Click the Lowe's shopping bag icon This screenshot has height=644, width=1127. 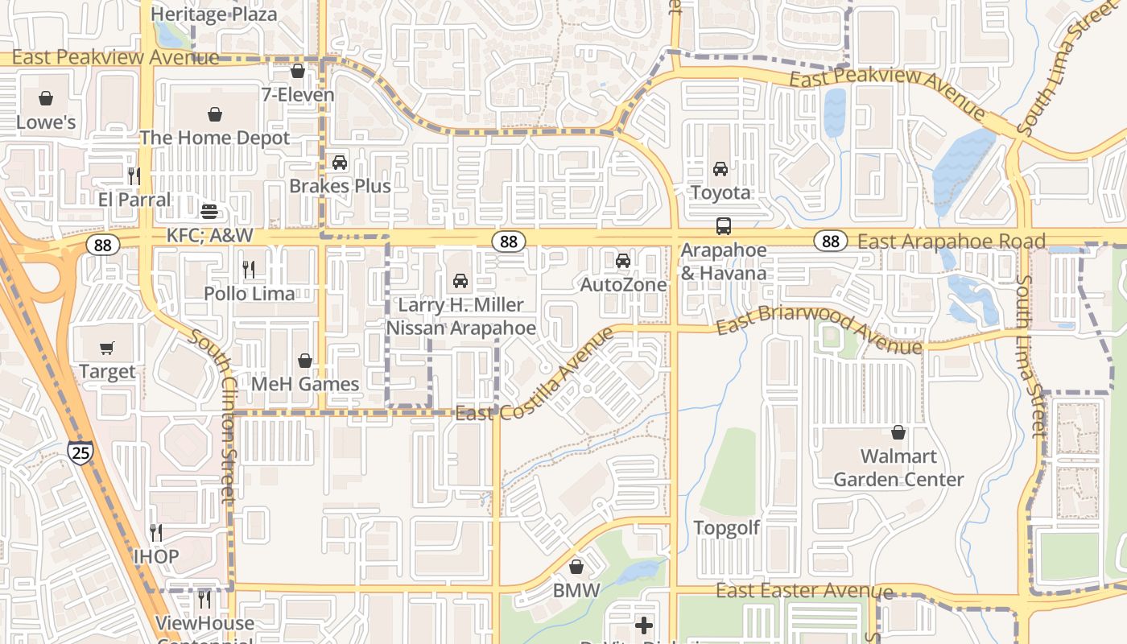point(46,98)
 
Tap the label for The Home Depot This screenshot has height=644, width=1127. point(214,138)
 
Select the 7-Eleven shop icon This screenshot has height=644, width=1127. point(298,71)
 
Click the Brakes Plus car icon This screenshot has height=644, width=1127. point(340,163)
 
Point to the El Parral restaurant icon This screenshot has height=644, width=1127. point(134,175)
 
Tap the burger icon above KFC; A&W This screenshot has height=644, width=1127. point(209,212)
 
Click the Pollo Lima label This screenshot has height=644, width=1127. point(250,294)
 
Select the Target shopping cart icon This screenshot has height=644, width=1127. point(107,348)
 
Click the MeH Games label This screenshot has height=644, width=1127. point(305,384)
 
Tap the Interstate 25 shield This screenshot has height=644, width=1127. point(80,452)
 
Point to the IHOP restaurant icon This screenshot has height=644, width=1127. point(156,532)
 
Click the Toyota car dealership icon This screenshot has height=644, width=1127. point(720,169)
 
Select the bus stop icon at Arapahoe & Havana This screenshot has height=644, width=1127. point(724,226)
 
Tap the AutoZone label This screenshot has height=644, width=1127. point(623,285)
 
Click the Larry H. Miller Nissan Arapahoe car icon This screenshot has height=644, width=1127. point(460,281)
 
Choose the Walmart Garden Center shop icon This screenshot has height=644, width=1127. point(898,433)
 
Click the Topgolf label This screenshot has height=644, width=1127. point(727,528)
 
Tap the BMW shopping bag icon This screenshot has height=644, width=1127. point(576,567)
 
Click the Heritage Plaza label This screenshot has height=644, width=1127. point(214,14)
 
